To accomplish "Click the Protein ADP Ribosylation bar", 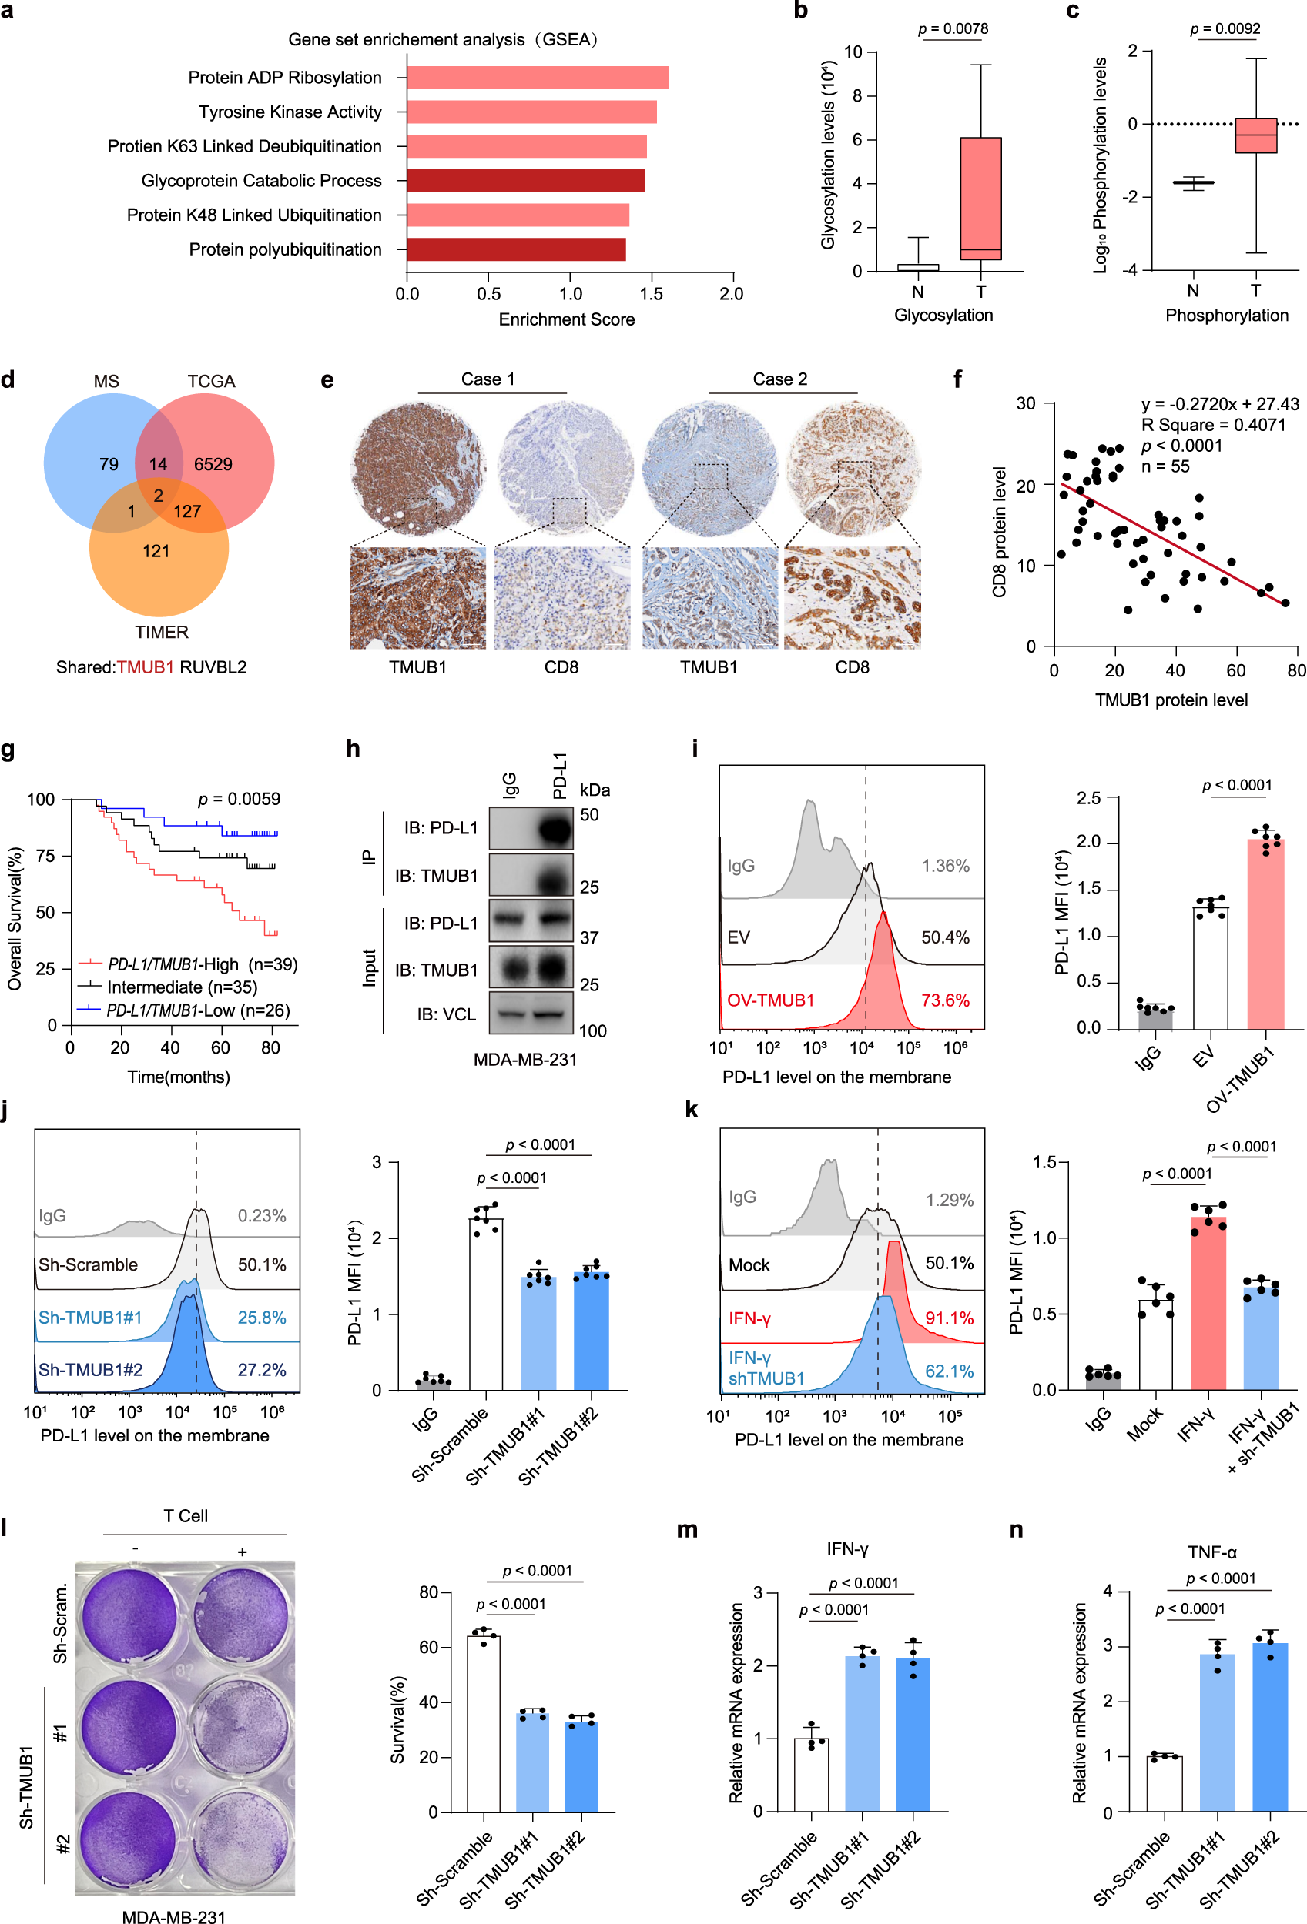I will point(538,78).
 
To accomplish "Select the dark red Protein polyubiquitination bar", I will point(516,249).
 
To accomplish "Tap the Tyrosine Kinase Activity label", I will point(290,112).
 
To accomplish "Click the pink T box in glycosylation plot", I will point(980,199).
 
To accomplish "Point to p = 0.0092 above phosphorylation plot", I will point(1225,29).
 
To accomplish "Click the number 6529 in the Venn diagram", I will point(213,464).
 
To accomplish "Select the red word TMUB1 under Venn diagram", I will point(145,667).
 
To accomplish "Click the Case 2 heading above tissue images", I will point(779,379).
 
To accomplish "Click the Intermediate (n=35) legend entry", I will point(183,987).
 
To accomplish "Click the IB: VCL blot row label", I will point(447,1014).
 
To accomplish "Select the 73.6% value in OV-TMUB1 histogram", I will point(945,1000).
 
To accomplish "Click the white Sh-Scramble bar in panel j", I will point(485,1304).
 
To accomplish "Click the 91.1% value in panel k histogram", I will point(949,1318).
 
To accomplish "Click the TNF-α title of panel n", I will point(1211,1553).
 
